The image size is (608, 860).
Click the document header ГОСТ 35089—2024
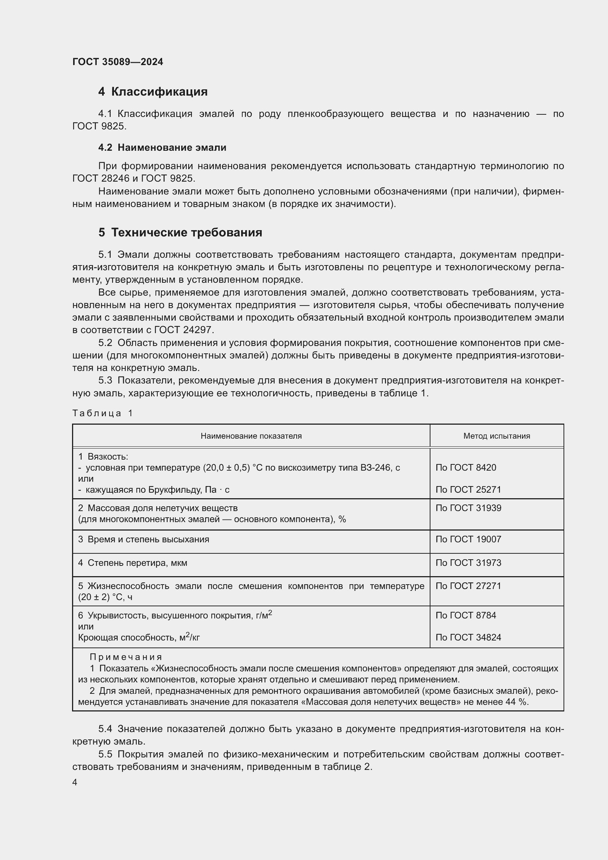118,62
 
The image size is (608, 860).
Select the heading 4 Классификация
153,92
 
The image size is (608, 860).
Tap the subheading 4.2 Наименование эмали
162,147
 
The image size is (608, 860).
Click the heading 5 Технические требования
180,233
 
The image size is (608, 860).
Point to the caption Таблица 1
103,413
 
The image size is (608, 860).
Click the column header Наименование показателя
251,436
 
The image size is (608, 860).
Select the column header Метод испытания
496,436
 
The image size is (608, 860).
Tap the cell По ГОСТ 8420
466,468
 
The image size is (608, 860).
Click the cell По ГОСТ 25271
468,489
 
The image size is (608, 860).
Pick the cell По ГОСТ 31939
468,508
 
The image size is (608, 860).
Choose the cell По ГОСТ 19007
468,539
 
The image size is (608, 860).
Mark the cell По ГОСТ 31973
468,563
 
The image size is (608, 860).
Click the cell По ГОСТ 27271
468,586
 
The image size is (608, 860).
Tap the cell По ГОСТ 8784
466,615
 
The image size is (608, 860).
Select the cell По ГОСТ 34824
468,638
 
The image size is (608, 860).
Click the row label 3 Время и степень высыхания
143,539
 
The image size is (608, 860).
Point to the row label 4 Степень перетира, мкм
133,563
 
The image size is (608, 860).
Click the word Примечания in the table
126,657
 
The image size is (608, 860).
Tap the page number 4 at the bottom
75,782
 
